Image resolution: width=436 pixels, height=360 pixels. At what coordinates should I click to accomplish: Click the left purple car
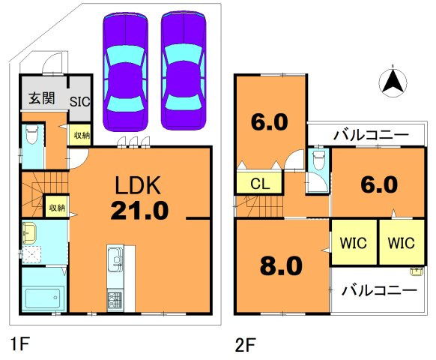pos(125,71)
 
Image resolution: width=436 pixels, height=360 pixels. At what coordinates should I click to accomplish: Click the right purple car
pos(184,70)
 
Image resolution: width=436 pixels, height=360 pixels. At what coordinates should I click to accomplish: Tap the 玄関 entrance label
pos(42,98)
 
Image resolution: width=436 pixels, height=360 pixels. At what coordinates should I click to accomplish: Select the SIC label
pos(80,101)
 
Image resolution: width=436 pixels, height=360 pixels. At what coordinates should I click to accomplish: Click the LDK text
pos(138,185)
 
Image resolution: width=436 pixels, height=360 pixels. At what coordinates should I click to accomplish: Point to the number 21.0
pos(139,211)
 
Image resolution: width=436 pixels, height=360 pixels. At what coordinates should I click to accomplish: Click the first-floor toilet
pos(31,134)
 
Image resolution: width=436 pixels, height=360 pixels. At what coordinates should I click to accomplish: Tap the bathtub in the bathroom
pos(43,298)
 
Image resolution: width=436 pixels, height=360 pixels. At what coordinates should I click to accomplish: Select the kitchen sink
pos(115,259)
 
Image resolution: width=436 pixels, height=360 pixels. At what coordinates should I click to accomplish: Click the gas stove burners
pos(115,301)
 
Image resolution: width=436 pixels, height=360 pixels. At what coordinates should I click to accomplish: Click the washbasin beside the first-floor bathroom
pos(29,233)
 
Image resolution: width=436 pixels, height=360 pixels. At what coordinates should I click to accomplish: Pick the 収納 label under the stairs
pos(57,208)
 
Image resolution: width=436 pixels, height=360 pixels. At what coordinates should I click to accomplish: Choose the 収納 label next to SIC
pos(82,136)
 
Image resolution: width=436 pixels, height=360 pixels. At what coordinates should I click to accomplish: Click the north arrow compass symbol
pos(393,82)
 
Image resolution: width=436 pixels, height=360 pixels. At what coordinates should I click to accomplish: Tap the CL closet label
pos(260,184)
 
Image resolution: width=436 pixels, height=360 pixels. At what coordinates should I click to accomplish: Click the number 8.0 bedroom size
pos(281,265)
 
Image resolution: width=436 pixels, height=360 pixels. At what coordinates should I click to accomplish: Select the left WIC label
pos(353,243)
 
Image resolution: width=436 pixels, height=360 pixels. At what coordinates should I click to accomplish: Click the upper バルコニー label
pos(372,136)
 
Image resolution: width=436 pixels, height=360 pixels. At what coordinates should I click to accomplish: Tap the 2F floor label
pos(245,345)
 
